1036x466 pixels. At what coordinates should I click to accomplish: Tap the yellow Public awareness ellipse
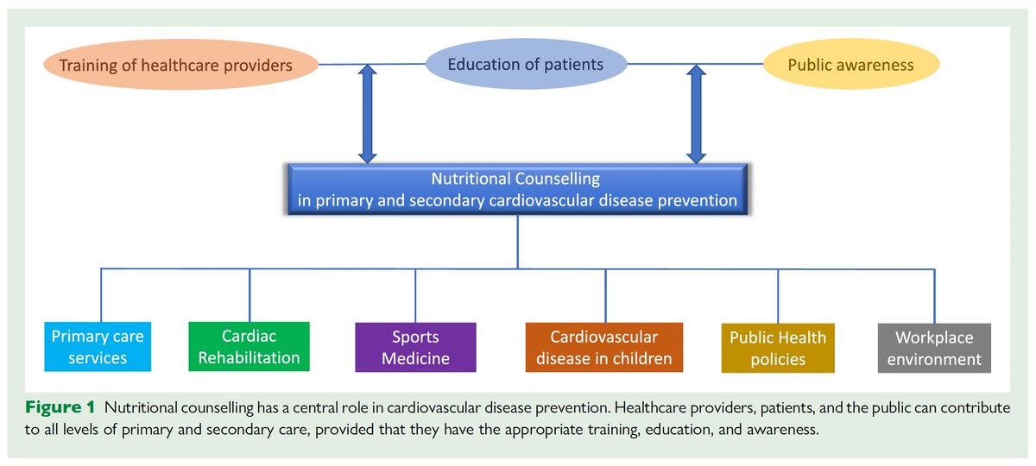(x=850, y=65)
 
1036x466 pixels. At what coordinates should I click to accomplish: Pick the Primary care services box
(x=98, y=347)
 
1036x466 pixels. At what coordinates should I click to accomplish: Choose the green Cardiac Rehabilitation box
(x=249, y=346)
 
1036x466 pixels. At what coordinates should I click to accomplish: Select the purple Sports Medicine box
(x=415, y=347)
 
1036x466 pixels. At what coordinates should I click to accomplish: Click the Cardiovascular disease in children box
(x=603, y=347)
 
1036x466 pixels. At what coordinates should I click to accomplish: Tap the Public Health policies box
(x=777, y=348)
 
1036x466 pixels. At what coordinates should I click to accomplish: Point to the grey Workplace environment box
(x=934, y=348)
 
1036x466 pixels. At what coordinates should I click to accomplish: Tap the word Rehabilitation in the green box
(x=249, y=357)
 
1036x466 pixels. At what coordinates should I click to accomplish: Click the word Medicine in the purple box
(x=415, y=358)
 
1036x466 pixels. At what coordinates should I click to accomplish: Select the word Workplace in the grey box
(x=934, y=337)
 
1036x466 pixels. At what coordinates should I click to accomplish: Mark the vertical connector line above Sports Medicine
(x=415, y=295)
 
